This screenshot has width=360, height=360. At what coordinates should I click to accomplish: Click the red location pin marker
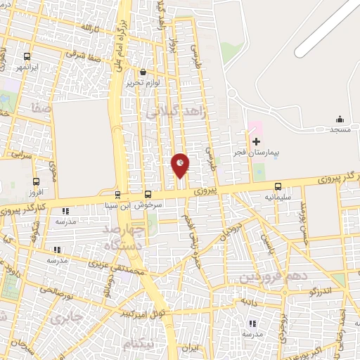point(181,165)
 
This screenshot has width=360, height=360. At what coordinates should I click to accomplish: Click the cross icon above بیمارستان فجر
point(255,141)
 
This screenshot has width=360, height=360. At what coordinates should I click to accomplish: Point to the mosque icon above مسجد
point(340,119)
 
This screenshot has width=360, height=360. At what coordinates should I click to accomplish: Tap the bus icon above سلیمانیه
point(278,186)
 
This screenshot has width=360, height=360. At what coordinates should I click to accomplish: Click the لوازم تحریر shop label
point(143,83)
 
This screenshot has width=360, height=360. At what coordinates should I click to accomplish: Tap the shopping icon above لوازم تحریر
point(143,72)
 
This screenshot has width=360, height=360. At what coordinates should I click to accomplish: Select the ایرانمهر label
point(27,67)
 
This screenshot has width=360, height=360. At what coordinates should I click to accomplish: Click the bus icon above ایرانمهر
point(27,56)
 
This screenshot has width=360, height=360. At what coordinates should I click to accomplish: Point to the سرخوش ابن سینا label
point(144,206)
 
